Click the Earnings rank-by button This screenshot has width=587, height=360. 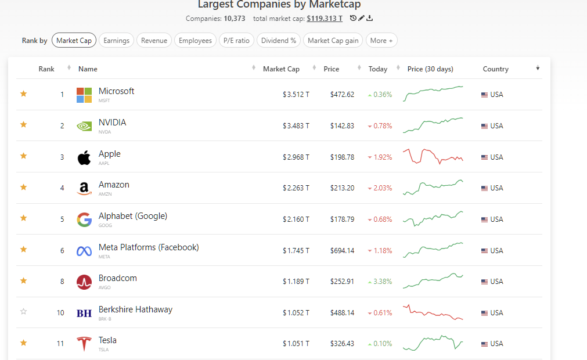click(117, 41)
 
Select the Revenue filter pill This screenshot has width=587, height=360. click(154, 41)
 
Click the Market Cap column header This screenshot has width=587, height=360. click(281, 69)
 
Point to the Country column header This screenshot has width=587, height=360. click(495, 69)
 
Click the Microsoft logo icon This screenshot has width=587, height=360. click(84, 95)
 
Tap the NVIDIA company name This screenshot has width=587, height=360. click(112, 123)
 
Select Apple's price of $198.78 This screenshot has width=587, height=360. click(342, 157)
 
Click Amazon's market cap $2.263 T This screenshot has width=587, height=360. click(296, 188)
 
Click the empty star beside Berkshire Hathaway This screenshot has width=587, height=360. click(24, 312)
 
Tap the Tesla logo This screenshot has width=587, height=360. click(84, 344)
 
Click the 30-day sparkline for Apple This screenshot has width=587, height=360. click(433, 157)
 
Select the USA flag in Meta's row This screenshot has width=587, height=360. click(484, 251)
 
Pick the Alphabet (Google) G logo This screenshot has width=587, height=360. click(84, 219)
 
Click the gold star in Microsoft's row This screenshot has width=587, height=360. click(24, 93)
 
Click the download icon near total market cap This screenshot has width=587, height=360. click(370, 19)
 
